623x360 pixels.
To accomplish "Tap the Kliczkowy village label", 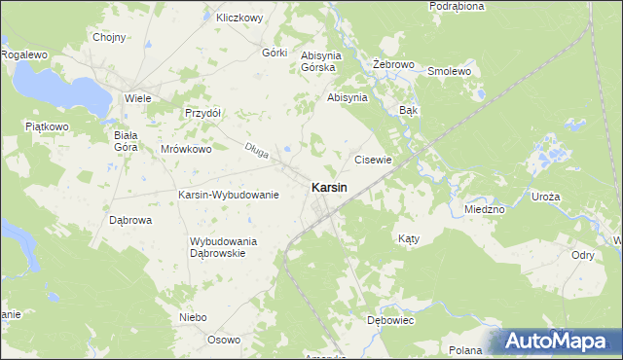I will (240, 18).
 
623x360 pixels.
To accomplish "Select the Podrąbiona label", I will (456, 6).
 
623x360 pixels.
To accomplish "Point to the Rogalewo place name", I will (24, 55).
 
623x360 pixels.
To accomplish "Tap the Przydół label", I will (203, 112).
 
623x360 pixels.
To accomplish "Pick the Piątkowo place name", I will (46, 126).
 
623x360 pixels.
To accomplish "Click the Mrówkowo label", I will (186, 150).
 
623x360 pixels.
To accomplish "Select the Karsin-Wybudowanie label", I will (229, 195).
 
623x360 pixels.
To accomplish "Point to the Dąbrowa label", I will (129, 220).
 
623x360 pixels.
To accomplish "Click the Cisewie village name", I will (373, 160).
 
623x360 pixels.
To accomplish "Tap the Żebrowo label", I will (394, 64).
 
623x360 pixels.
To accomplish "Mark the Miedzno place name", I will (484, 209).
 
